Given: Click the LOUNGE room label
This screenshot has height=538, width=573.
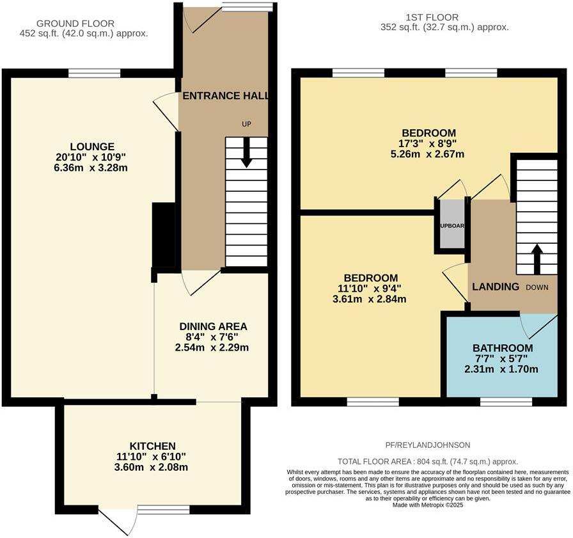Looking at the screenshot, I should [x=93, y=146].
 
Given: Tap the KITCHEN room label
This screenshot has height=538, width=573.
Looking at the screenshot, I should [x=152, y=446].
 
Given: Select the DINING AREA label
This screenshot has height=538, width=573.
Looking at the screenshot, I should [x=212, y=326].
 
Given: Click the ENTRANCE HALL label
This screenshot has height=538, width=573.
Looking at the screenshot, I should [x=225, y=96].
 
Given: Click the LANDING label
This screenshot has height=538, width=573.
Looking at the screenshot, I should [x=496, y=287].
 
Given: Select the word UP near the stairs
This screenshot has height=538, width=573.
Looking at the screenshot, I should [x=246, y=124].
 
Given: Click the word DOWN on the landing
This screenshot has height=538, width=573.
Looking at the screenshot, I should [x=537, y=287].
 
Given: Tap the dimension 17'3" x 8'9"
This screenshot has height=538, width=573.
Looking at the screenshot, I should [x=428, y=143].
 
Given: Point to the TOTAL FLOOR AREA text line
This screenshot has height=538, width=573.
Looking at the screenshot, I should [x=427, y=461].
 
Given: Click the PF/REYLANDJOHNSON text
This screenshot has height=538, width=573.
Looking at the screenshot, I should [x=427, y=445].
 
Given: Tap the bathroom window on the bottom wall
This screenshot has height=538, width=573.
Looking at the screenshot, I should [x=506, y=401].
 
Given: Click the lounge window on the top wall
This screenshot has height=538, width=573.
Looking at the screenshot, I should [x=94, y=72].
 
